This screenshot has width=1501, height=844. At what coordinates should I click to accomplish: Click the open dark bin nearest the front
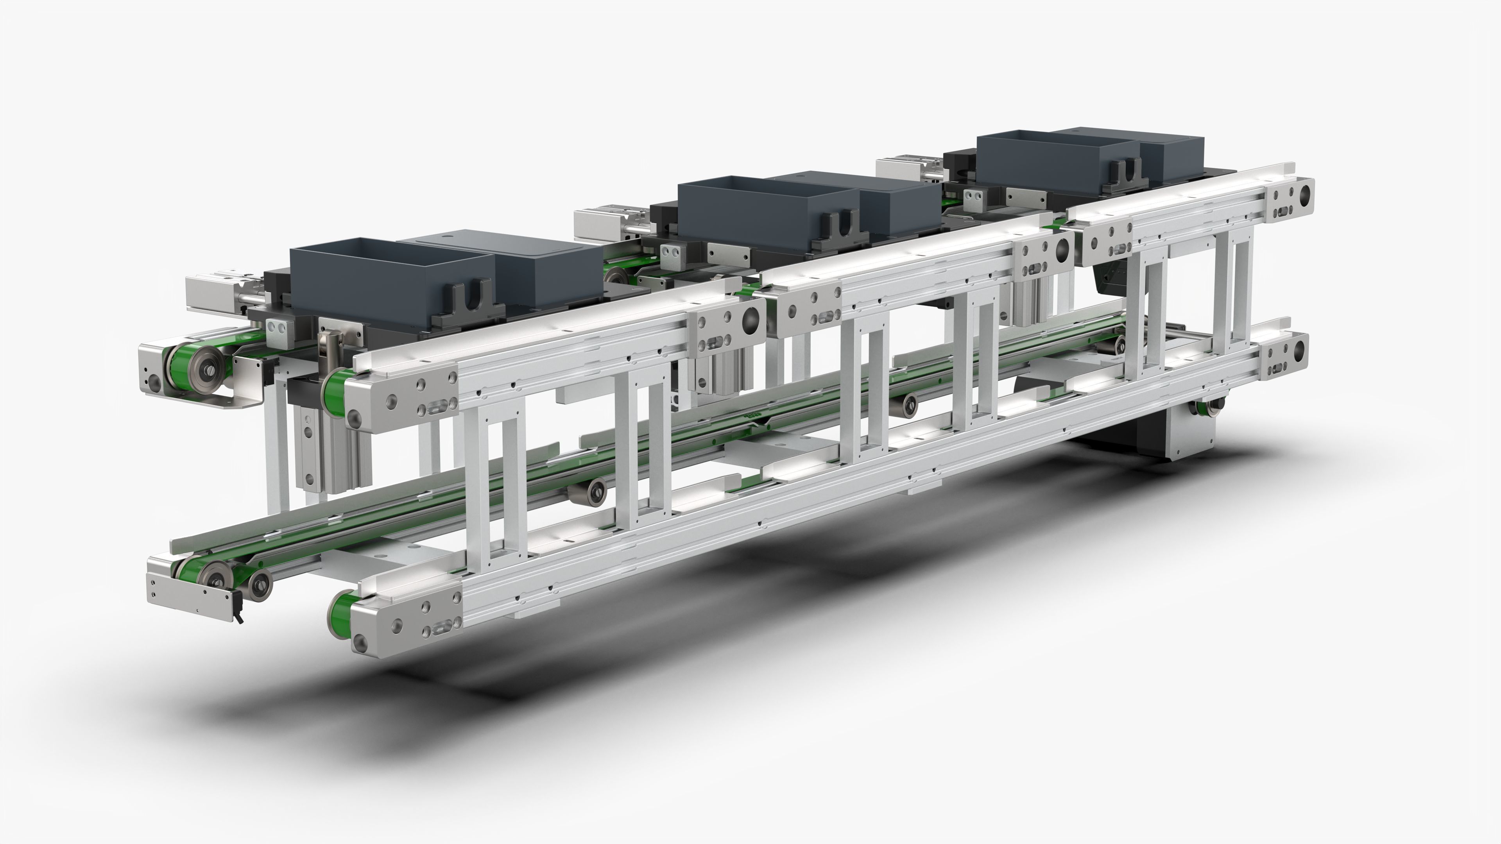click(390, 274)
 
